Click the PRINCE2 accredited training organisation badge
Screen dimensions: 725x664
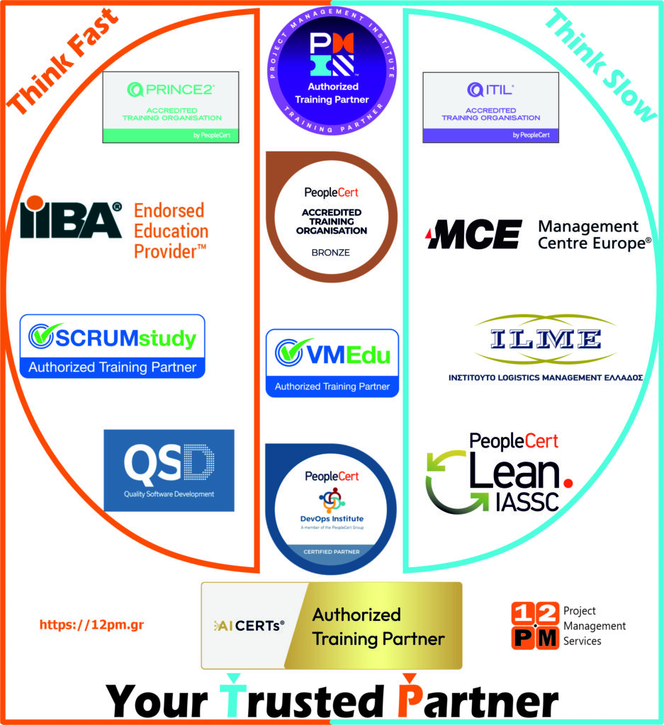click(171, 107)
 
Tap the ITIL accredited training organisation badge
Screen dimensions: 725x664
click(490, 107)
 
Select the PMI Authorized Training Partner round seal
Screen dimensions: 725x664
click(332, 67)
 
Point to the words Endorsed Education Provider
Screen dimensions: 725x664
click(171, 230)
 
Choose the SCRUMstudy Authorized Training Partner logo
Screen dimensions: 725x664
click(112, 346)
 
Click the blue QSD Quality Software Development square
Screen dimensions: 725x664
click(169, 470)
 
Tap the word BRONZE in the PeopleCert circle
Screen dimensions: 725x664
click(331, 252)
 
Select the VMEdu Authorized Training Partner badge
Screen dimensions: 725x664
click(332, 362)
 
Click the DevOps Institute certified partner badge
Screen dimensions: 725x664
click(332, 507)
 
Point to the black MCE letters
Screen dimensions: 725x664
click(473, 234)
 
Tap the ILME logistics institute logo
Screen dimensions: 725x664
click(545, 347)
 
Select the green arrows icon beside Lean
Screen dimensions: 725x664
click(446, 483)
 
